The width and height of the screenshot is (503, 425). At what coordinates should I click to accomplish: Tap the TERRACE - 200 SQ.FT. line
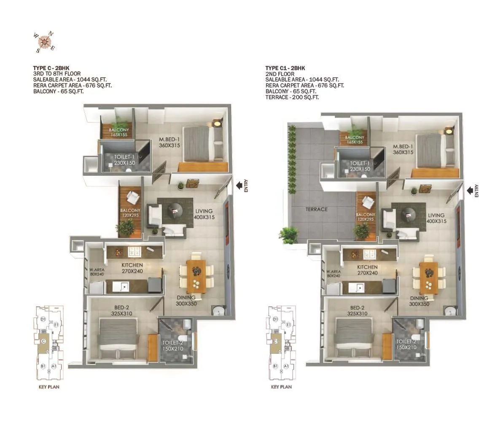[x=292, y=97]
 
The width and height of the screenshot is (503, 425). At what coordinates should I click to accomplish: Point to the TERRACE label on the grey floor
[x=317, y=209]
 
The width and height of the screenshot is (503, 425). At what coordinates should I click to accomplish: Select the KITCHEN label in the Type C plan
[x=132, y=268]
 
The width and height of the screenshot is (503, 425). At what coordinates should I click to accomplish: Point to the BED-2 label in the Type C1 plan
[x=356, y=311]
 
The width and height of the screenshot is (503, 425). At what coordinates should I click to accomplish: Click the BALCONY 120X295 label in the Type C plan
[x=130, y=212]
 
